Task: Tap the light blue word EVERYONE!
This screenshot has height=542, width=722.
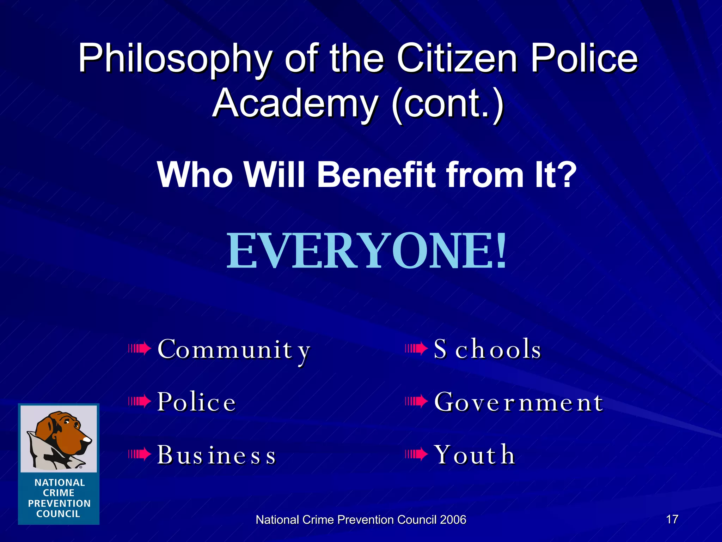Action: point(366,251)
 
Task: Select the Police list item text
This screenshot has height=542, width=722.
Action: point(196,402)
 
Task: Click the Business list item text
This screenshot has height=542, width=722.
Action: point(216,455)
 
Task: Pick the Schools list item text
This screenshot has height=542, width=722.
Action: point(487,349)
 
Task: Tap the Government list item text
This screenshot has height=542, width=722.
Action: point(519,402)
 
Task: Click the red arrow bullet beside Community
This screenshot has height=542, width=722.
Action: point(140,349)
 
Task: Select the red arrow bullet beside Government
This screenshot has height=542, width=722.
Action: point(416,401)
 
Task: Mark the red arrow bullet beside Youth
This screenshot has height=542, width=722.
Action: point(416,454)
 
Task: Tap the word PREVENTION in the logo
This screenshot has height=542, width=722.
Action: point(59,503)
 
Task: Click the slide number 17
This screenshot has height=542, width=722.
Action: point(672,519)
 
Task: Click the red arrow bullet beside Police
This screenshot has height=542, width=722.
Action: point(140,401)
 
